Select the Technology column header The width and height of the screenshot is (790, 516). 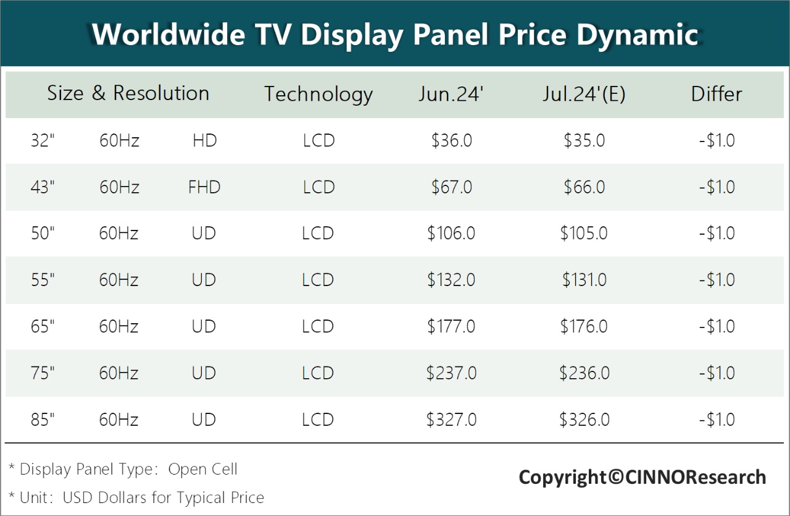pyautogui.click(x=318, y=94)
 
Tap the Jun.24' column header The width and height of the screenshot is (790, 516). pyautogui.click(x=451, y=94)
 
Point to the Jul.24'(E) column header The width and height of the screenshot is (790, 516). pyautogui.click(x=584, y=94)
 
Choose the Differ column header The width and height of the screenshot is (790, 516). pyautogui.click(x=717, y=94)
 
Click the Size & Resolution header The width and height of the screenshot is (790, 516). pyautogui.click(x=128, y=93)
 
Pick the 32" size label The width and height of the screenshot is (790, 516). pyautogui.click(x=43, y=141)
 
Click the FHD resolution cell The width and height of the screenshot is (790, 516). pyautogui.click(x=204, y=187)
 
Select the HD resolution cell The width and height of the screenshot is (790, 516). pyautogui.click(x=204, y=141)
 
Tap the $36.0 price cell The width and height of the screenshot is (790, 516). pyautogui.click(x=451, y=141)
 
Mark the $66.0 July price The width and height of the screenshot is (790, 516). pyautogui.click(x=584, y=187)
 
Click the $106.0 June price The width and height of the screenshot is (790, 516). pyautogui.click(x=451, y=234)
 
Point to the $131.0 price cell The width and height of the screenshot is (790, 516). pyautogui.click(x=584, y=280)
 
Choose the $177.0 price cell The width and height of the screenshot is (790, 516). pyautogui.click(x=451, y=326)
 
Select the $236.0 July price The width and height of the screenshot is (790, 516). pyautogui.click(x=584, y=373)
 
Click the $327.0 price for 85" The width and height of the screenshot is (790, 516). pyautogui.click(x=451, y=420)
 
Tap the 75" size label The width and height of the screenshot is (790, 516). pyautogui.click(x=43, y=373)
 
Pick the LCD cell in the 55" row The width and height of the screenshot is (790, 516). pyautogui.click(x=318, y=280)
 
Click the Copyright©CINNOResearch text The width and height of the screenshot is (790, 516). pyautogui.click(x=642, y=477)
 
